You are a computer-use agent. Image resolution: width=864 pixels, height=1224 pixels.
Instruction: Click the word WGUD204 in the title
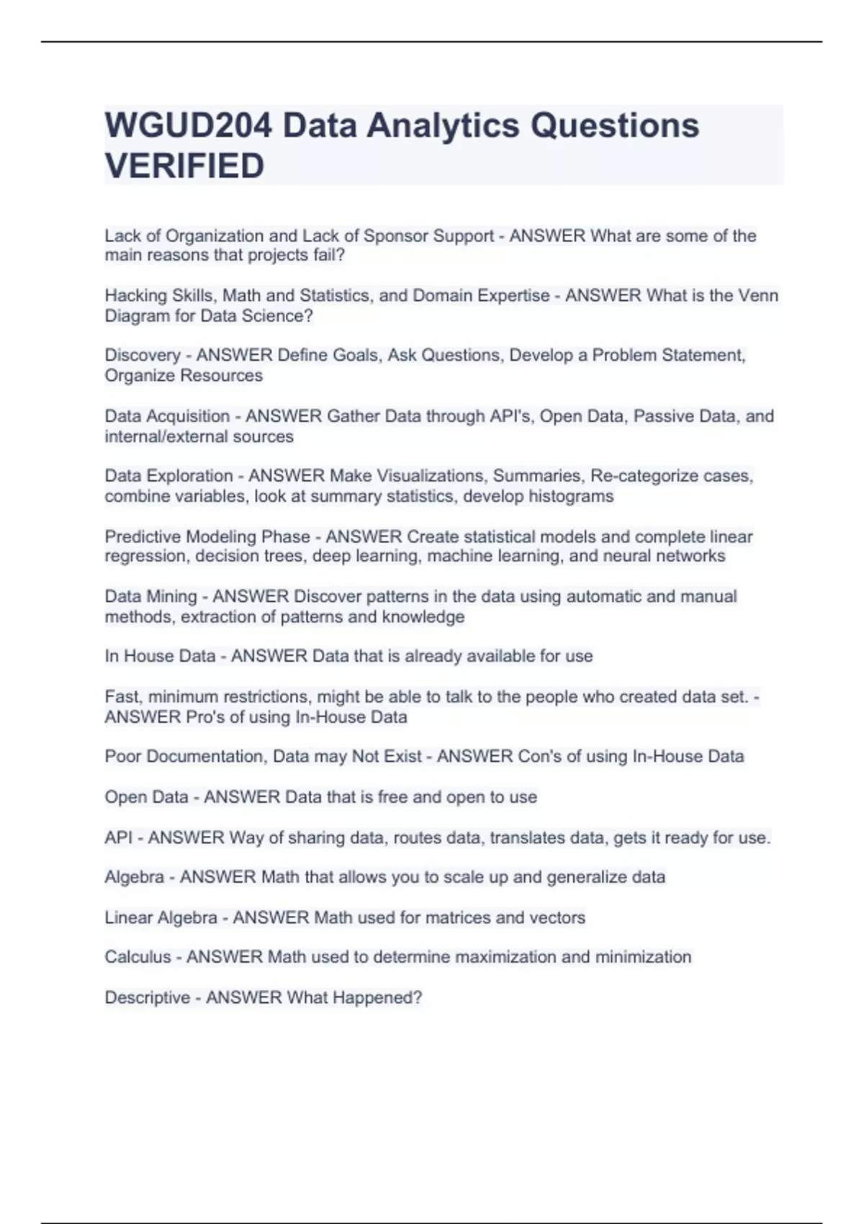tap(188, 126)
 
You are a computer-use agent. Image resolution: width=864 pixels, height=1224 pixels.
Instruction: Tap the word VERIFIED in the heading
tap(184, 166)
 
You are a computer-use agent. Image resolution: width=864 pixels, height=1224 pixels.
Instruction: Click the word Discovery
tap(143, 356)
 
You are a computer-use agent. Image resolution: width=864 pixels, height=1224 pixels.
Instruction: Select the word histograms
tap(571, 497)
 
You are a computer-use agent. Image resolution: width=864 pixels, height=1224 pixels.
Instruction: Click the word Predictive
tap(143, 537)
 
